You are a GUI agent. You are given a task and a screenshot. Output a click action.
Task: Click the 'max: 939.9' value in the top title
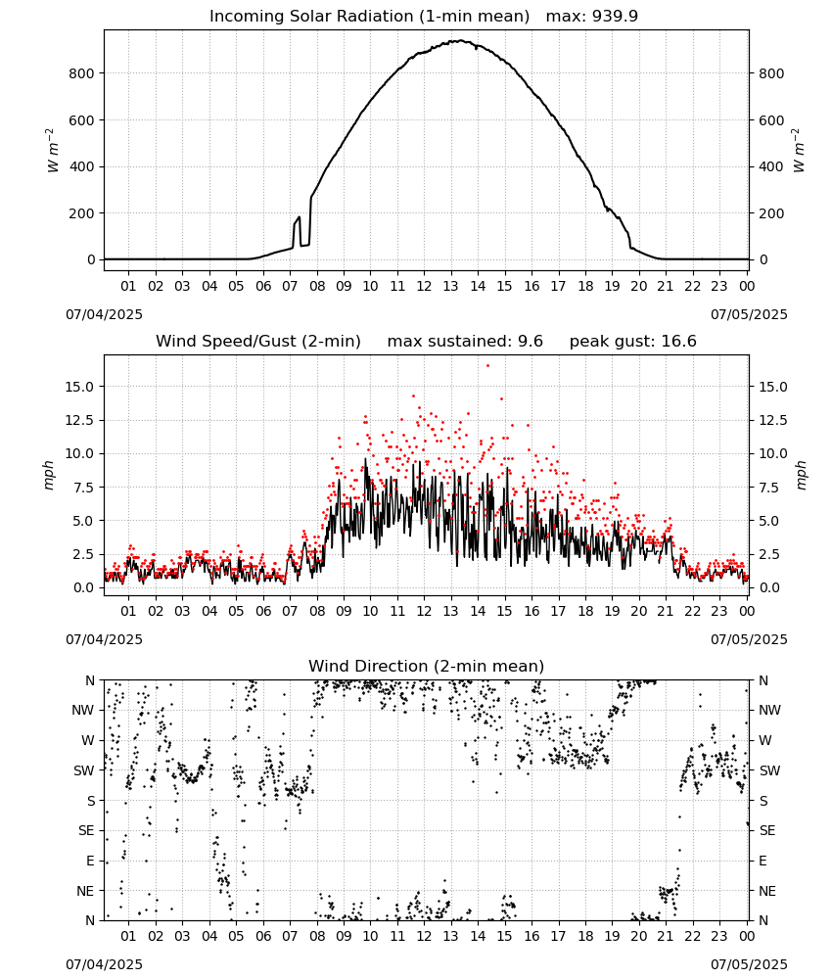click(592, 16)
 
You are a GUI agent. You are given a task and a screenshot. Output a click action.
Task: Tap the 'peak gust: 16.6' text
click(633, 341)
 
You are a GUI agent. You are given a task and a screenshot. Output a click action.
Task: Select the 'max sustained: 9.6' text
click(465, 341)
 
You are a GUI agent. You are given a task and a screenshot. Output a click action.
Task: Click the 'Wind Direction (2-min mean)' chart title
click(427, 666)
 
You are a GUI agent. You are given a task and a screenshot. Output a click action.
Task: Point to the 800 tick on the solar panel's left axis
click(82, 73)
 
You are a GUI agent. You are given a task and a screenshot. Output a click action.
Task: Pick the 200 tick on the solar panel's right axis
click(771, 212)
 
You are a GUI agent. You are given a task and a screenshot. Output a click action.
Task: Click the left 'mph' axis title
click(48, 475)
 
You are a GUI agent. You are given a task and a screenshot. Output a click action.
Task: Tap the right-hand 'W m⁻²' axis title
click(799, 151)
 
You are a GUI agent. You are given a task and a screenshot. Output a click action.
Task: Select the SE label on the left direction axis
click(86, 830)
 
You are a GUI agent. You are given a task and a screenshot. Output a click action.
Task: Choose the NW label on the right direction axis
click(769, 710)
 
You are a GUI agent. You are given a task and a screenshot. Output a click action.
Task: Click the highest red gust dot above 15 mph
click(488, 366)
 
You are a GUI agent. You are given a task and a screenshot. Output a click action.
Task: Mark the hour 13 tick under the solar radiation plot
click(450, 286)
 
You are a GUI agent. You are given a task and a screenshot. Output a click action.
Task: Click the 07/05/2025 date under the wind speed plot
click(749, 639)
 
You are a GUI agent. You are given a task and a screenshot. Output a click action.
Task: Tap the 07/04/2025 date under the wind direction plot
click(104, 964)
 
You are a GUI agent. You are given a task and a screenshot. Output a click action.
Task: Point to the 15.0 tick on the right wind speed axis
click(772, 387)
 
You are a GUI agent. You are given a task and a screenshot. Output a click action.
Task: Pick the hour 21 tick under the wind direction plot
click(666, 936)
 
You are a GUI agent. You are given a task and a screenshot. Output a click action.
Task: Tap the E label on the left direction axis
click(90, 861)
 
